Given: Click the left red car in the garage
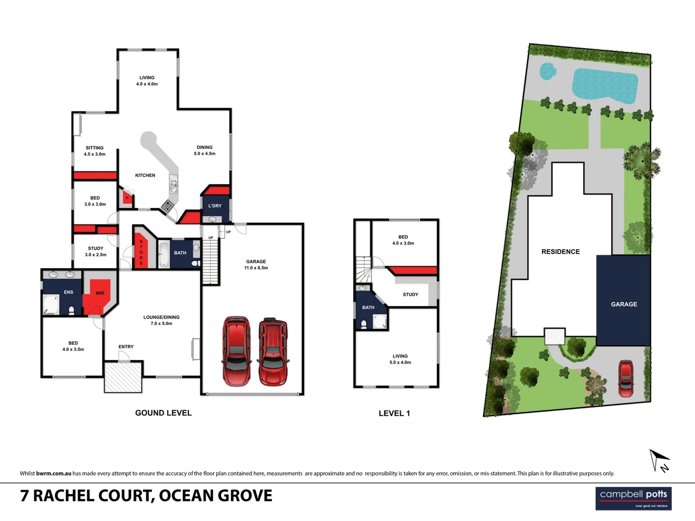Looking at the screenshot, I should (x=236, y=351).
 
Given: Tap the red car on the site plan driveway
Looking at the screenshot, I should (x=625, y=378).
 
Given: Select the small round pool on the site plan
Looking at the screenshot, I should (x=546, y=71).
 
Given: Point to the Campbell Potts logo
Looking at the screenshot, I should (x=633, y=498).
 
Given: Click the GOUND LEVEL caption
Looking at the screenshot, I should (x=163, y=413).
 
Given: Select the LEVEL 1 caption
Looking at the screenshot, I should (x=394, y=413).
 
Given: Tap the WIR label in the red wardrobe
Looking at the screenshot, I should (x=100, y=293).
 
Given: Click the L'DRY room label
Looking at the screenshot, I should (x=215, y=206).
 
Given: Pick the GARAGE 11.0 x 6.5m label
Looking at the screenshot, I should (x=256, y=264).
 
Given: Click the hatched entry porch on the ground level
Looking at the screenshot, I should (x=123, y=377).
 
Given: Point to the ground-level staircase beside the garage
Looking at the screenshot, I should (x=210, y=262).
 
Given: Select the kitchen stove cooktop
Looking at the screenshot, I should (x=167, y=206).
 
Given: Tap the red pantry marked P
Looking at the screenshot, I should (x=127, y=198).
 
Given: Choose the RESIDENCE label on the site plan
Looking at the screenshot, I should (x=560, y=252).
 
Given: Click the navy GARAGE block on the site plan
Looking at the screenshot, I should (x=624, y=300).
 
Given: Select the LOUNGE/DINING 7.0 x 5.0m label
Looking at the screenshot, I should (x=161, y=320).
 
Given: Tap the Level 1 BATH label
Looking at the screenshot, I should (x=368, y=307).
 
